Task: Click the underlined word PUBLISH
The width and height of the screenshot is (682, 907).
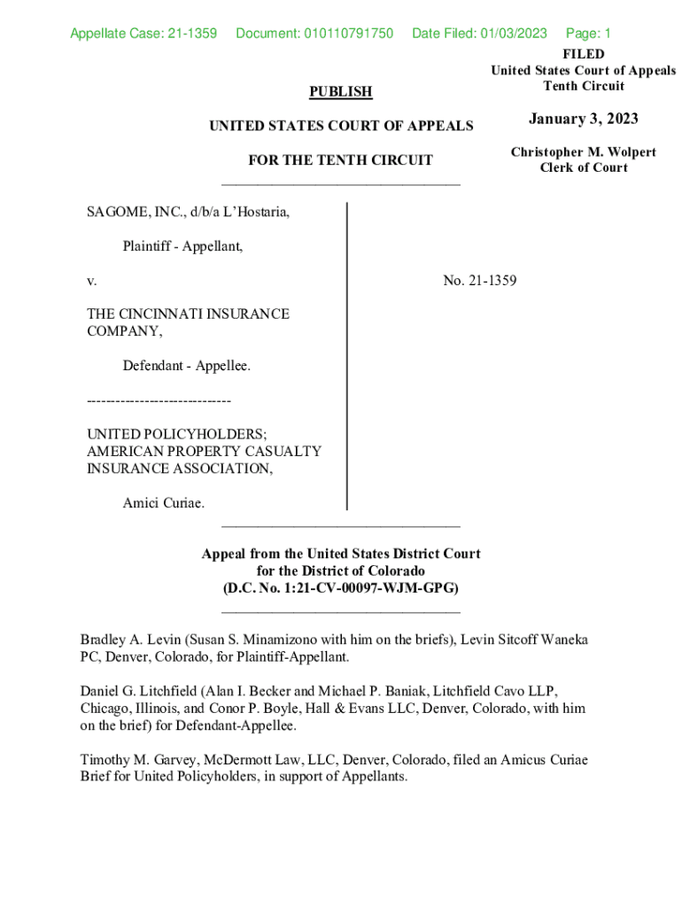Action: pos(340,91)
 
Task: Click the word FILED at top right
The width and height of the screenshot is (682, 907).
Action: pos(584,54)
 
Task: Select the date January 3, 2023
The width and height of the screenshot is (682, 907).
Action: pos(583,120)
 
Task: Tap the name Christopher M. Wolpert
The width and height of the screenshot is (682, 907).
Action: pos(583,152)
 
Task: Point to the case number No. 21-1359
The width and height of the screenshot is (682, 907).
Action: pos(479,281)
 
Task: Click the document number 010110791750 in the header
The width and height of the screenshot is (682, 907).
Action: pos(314,34)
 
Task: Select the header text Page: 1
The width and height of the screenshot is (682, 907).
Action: pos(588,34)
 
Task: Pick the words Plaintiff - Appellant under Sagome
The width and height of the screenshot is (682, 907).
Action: pos(182,247)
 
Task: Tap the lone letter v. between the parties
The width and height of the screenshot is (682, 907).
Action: pos(91,281)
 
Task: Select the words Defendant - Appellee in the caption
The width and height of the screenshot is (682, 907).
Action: pos(186,365)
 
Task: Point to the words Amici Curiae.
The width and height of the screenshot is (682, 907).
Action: pos(163,503)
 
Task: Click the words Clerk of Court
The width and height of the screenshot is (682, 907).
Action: pos(583,168)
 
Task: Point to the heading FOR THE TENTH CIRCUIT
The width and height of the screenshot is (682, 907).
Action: pos(341,160)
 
